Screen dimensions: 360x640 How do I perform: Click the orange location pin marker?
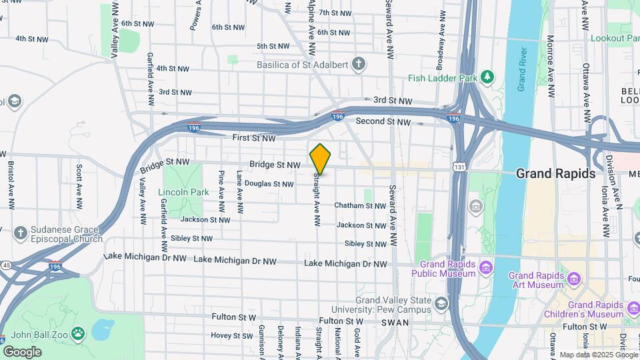click(x=320, y=159)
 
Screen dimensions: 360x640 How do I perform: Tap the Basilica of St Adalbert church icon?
click(x=359, y=65)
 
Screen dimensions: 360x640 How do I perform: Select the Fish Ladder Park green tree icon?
click(x=487, y=77)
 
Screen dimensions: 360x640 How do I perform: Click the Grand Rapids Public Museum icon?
click(x=486, y=268)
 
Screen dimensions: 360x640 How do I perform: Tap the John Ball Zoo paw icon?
click(x=78, y=332)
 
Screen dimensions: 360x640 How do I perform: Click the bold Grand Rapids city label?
click(x=555, y=173)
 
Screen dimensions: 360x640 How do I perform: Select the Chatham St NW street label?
click(x=360, y=206)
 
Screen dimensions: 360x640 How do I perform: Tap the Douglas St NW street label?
click(x=269, y=183)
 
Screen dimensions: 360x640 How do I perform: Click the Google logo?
click(x=22, y=351)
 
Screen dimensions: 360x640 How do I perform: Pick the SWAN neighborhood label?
click(x=391, y=323)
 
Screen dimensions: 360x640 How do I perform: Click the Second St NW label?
click(x=383, y=121)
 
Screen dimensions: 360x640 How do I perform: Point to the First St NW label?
click(x=254, y=138)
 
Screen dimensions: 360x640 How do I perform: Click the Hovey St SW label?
click(x=232, y=335)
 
